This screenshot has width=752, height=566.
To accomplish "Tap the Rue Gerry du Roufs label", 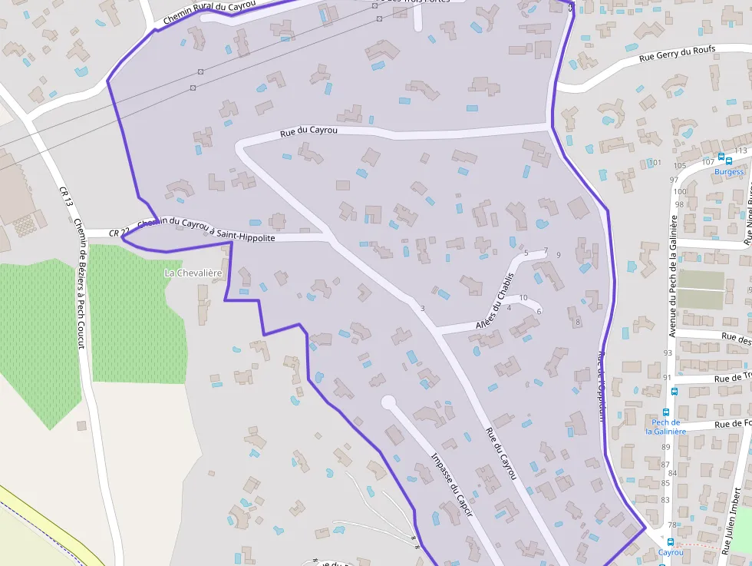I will click(x=678, y=53).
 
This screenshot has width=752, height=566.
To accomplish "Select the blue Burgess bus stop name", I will click(x=729, y=171).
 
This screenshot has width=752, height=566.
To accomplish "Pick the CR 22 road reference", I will click(x=119, y=233).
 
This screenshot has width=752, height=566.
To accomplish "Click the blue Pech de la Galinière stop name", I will click(x=666, y=426).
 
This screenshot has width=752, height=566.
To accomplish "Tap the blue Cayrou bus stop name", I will click(x=671, y=552).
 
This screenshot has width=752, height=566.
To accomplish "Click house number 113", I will click(x=740, y=151).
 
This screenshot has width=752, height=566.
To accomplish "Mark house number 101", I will click(x=655, y=163).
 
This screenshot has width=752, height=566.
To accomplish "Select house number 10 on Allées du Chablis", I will click(x=523, y=298).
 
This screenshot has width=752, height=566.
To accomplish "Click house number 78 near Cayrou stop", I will click(x=672, y=525).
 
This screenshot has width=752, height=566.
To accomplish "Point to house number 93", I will click(x=667, y=353).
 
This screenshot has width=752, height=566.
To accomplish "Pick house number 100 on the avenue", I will click(x=678, y=192).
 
